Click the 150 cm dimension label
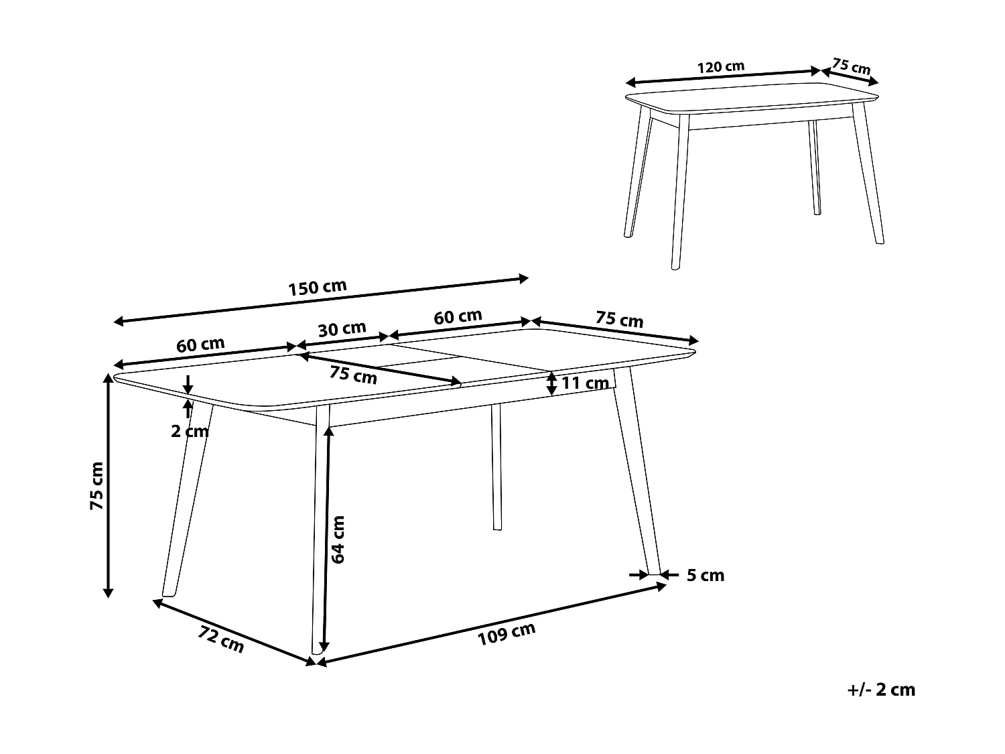point(318,288)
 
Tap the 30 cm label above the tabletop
point(342,329)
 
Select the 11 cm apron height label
point(585,383)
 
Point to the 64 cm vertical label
point(338,539)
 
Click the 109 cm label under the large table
point(507,634)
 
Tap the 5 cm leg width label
point(706,575)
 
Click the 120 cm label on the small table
point(721,67)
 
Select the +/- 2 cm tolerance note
point(881,690)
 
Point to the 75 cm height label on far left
point(98,486)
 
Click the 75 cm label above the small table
point(851,67)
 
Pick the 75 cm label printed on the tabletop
point(353,375)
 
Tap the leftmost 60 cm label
point(200,345)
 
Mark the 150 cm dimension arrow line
point(322,300)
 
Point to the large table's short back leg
point(496,467)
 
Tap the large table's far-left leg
point(188,499)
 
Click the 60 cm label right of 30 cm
point(458,316)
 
